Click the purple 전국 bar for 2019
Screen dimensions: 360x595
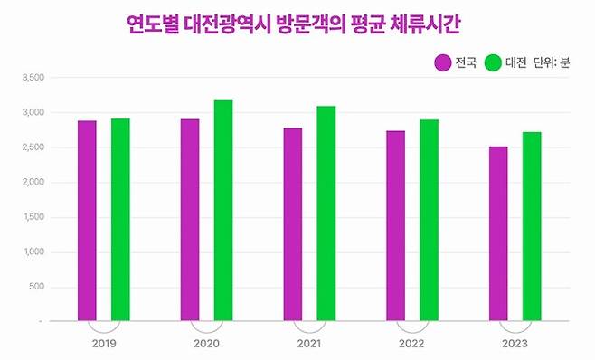(87, 221)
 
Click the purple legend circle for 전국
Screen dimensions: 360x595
(443, 62)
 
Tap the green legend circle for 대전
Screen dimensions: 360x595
(493, 62)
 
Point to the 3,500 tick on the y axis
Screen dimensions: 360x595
(33, 78)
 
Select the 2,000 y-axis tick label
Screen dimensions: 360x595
(33, 183)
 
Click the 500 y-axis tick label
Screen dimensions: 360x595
(37, 287)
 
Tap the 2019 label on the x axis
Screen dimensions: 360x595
(103, 345)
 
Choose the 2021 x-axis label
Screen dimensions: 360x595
(309, 345)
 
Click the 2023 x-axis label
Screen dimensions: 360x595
(515, 345)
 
